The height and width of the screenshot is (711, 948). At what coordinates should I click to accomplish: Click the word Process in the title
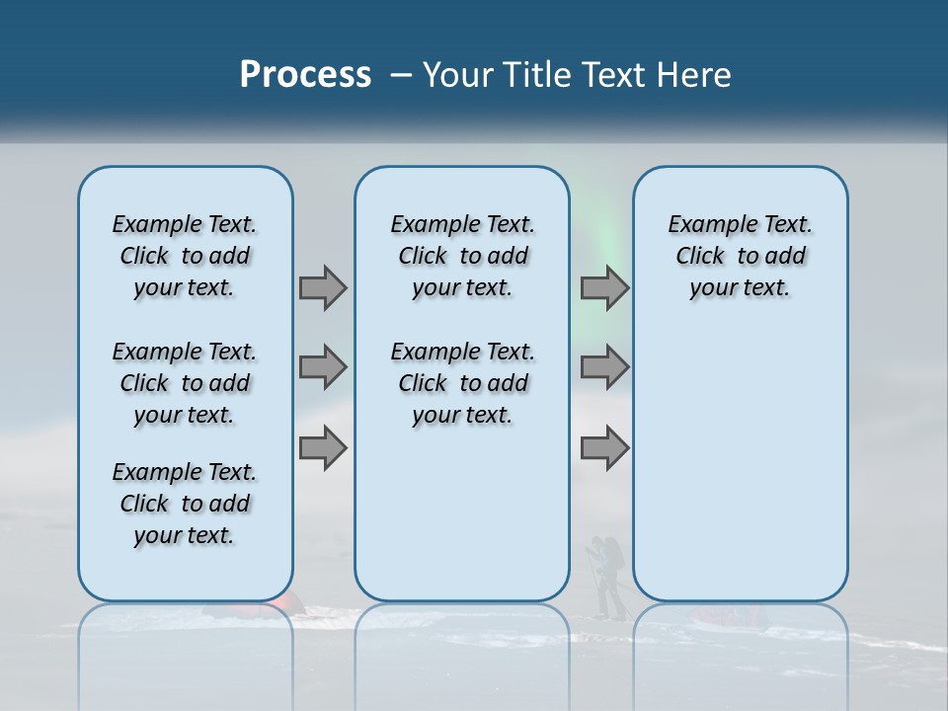(x=305, y=75)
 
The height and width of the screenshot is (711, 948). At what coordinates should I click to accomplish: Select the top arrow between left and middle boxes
(x=323, y=287)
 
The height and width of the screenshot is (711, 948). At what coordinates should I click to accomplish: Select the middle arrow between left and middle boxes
(x=323, y=367)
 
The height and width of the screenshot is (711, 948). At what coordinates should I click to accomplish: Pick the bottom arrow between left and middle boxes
(x=323, y=448)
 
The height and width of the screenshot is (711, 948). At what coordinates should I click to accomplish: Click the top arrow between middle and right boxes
(x=604, y=287)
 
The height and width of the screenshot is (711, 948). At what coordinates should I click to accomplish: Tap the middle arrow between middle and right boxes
(x=604, y=367)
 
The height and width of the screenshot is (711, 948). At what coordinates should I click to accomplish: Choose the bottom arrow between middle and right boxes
(x=604, y=448)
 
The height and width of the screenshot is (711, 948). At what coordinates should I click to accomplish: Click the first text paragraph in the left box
(x=185, y=256)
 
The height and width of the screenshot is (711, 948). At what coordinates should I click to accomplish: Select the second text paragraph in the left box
(x=185, y=383)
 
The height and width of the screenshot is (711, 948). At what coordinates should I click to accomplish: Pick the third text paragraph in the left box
(x=185, y=504)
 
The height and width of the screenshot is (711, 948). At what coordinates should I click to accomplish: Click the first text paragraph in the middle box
(x=463, y=256)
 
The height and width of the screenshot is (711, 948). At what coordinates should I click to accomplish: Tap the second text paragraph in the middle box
(x=463, y=383)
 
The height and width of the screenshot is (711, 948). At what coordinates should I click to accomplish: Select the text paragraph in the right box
(x=741, y=256)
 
